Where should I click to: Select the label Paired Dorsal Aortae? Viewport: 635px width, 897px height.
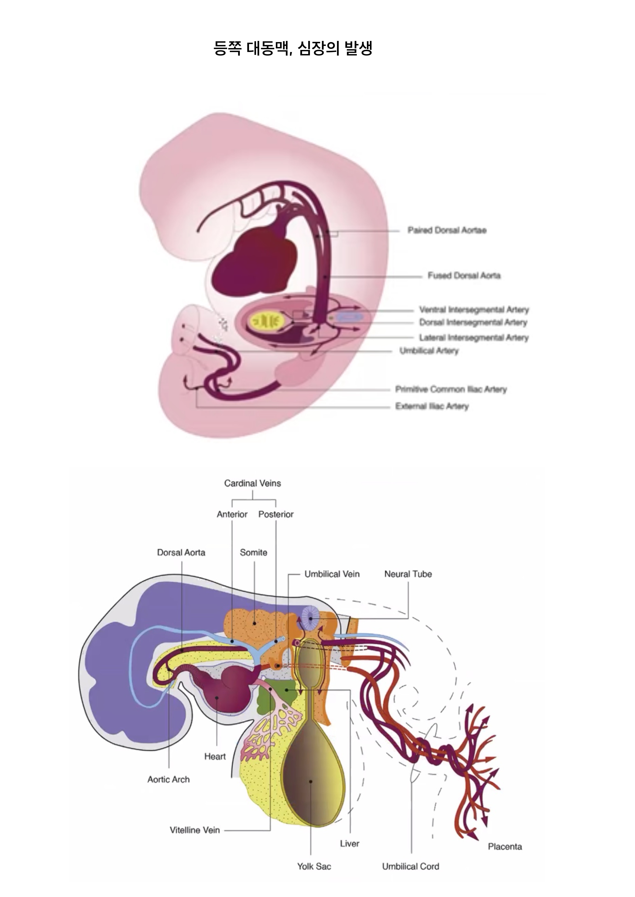pos(447,230)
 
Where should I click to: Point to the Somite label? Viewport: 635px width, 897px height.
pos(253,553)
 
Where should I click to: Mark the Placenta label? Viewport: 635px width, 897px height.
pos(504,847)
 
